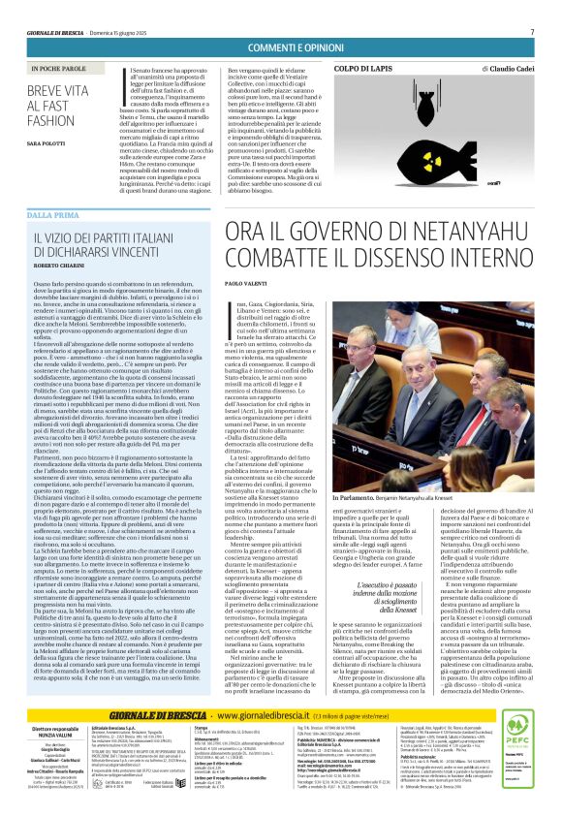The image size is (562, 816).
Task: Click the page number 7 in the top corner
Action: pyautogui.click(x=532, y=32)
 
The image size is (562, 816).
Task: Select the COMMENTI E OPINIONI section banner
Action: pyautogui.click(x=281, y=48)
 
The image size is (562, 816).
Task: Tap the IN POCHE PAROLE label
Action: pyautogui.click(x=59, y=70)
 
